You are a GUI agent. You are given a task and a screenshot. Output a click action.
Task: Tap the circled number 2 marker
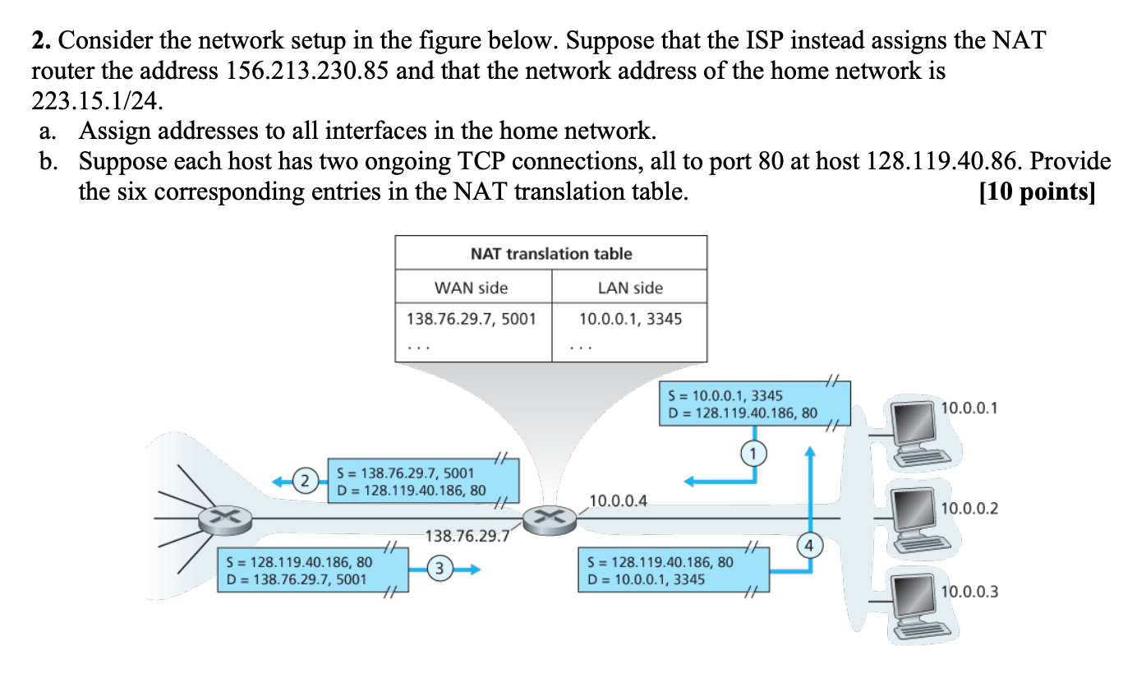tap(305, 480)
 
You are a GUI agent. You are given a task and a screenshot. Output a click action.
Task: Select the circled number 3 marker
tap(440, 568)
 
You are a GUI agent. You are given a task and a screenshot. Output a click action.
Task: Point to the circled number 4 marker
tap(810, 544)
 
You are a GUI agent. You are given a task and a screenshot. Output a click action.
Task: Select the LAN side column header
tap(630, 288)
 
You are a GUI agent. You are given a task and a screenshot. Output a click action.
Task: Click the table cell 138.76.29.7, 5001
tap(471, 318)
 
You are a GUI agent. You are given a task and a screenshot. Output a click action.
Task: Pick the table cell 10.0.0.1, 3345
tap(630, 318)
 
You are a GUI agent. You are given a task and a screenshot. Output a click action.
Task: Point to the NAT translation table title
tap(550, 254)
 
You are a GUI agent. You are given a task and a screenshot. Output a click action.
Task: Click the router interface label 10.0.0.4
tap(618, 500)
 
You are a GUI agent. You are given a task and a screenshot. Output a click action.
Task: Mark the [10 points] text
tap(1037, 191)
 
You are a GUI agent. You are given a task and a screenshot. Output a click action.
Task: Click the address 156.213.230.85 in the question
tap(307, 71)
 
